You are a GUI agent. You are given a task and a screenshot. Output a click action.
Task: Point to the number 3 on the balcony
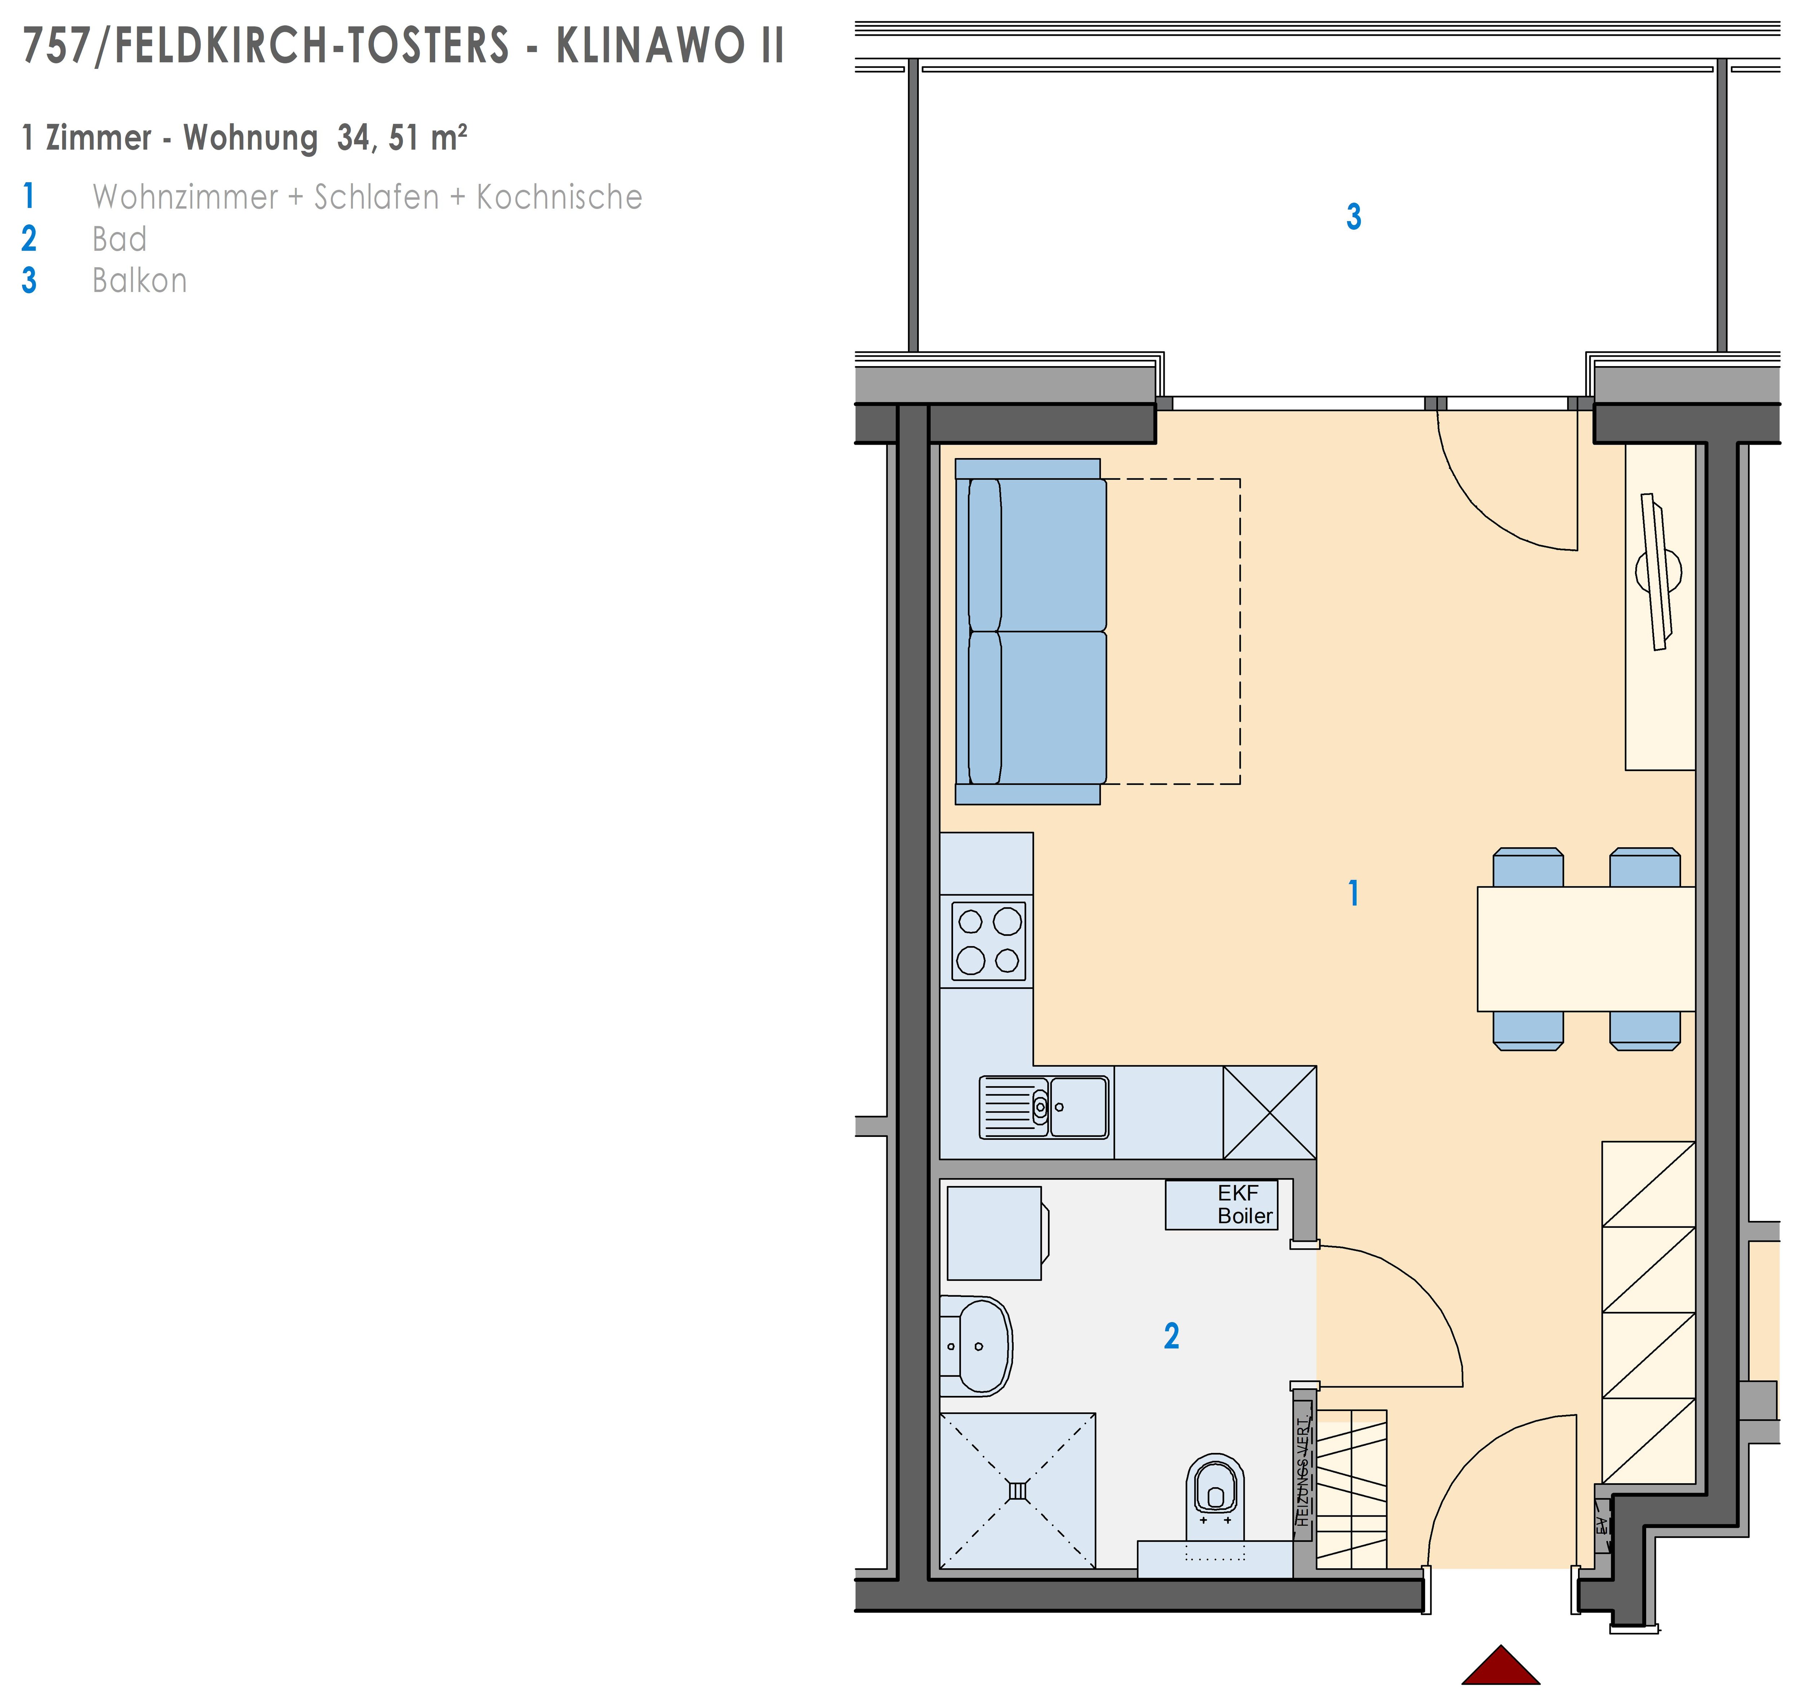coord(1353,217)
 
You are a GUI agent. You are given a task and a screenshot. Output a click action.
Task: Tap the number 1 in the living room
coord(1353,893)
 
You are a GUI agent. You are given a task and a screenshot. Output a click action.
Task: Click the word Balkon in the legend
coord(139,281)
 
